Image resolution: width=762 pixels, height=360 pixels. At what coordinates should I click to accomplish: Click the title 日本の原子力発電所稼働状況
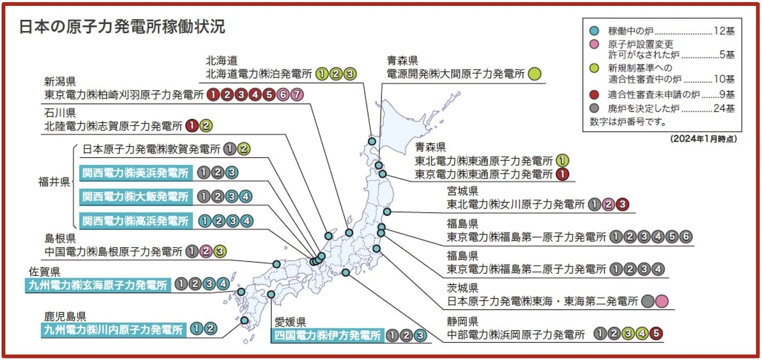click(122, 27)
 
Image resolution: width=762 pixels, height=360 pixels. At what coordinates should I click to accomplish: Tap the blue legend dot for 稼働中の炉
click(595, 30)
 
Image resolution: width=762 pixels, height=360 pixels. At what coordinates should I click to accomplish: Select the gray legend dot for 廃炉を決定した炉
click(595, 109)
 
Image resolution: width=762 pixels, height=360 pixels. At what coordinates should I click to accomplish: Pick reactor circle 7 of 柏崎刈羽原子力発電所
click(297, 95)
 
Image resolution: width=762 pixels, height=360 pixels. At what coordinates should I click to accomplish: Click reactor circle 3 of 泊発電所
click(349, 74)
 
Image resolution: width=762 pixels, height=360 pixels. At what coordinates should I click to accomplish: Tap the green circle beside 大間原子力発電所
click(534, 74)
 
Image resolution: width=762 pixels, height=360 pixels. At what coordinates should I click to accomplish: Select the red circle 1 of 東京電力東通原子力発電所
click(562, 174)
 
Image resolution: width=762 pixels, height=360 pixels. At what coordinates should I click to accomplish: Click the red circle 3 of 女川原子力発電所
click(622, 204)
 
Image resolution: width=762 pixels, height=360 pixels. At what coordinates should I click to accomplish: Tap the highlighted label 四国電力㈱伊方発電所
click(327, 335)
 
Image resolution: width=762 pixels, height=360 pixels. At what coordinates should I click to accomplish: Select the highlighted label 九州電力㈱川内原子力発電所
click(113, 329)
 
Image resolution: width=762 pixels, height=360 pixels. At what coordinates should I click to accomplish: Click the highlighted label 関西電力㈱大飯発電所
click(135, 197)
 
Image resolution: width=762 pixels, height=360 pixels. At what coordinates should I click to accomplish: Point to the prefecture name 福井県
click(54, 182)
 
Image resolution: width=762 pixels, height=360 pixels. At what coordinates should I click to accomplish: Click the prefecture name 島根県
click(61, 238)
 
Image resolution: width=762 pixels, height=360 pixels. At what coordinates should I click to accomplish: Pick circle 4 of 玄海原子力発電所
click(222, 285)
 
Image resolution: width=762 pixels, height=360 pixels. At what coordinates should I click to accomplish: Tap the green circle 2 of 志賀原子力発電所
click(206, 126)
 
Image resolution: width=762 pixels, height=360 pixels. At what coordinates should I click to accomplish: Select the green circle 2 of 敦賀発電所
click(243, 149)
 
